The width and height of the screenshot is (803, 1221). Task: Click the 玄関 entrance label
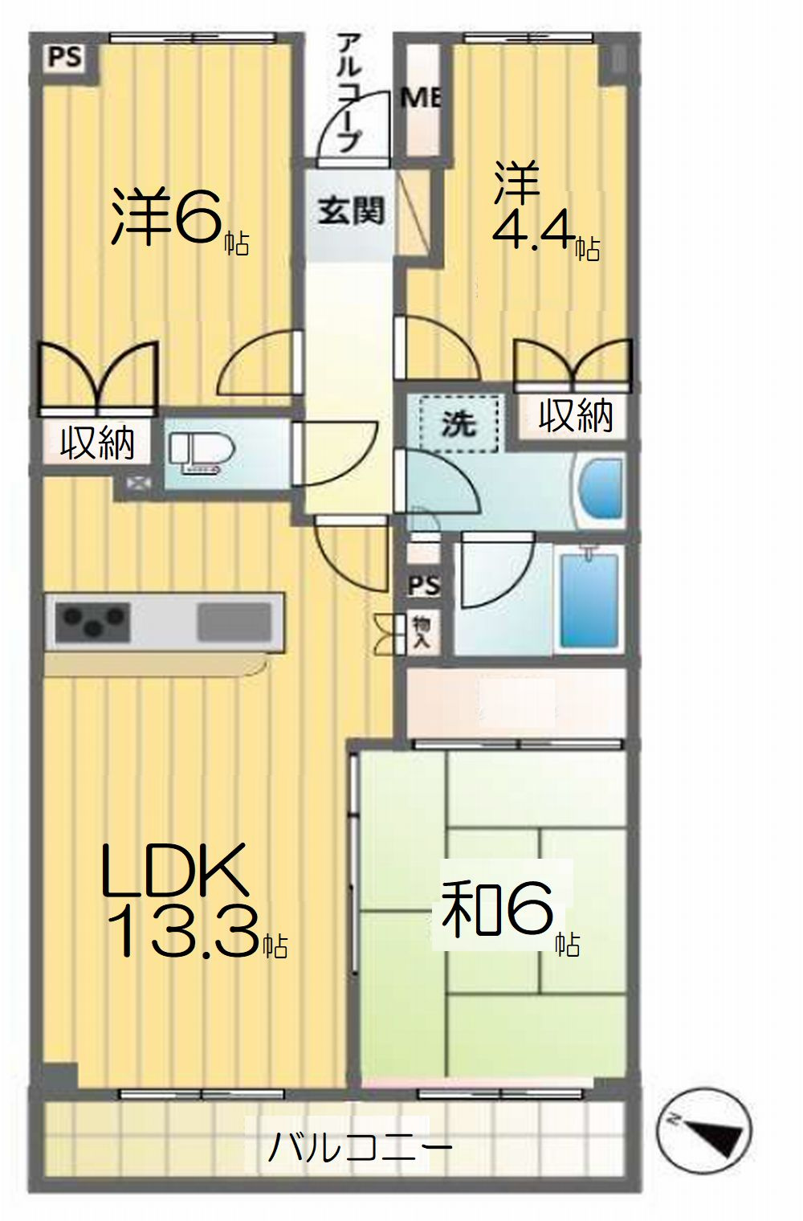click(351, 211)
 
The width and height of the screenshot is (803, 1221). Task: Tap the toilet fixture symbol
click(202, 452)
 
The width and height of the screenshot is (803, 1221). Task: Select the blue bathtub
click(590, 600)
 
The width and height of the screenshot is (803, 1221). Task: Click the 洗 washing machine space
click(459, 423)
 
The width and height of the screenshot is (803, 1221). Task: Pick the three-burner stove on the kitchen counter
click(92, 622)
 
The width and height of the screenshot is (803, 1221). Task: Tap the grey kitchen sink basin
click(234, 622)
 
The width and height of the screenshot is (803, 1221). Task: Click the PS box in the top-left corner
click(65, 57)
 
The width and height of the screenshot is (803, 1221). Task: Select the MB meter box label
click(421, 98)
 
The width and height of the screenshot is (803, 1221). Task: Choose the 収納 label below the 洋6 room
click(97, 443)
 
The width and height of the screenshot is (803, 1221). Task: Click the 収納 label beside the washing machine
click(576, 415)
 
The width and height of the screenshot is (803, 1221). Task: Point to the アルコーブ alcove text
click(350, 92)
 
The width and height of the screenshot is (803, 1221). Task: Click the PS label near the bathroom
click(424, 586)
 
